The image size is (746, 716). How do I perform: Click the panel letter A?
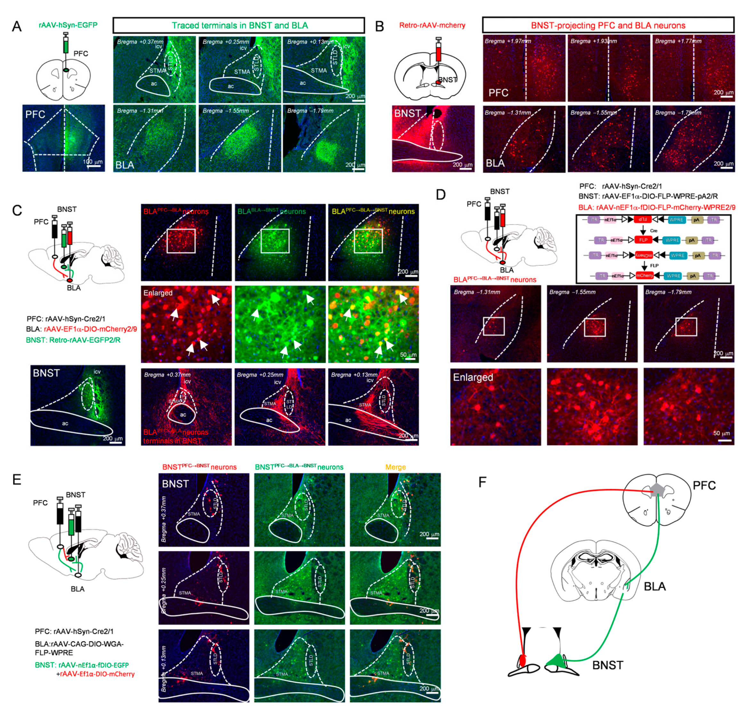pos(16,27)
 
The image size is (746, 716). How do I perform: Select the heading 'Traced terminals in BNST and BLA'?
pos(239,26)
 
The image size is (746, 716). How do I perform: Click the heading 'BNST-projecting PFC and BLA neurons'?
pos(608,26)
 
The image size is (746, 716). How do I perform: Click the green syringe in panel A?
pos(66,45)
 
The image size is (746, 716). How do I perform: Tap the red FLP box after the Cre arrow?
pos(643,240)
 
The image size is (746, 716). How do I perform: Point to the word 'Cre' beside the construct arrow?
pos(653,231)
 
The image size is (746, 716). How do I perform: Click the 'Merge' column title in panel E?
pos(395,467)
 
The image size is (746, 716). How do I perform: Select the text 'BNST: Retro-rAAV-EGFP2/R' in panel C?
pos(73,340)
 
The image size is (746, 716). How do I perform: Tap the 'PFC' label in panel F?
pos(704,485)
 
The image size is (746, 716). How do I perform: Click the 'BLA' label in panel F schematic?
pos(655,586)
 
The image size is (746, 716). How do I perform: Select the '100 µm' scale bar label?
pos(93,161)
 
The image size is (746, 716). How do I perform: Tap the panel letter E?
pos(16,480)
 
